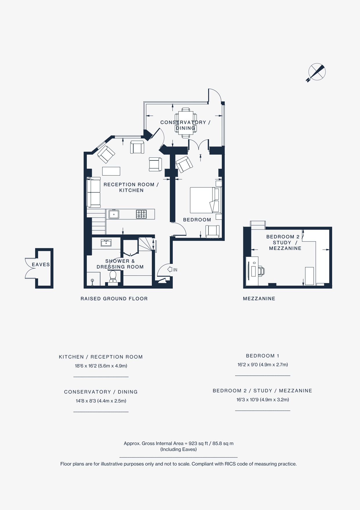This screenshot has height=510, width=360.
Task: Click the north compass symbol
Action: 316,72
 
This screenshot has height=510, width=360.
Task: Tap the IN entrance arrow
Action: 170,269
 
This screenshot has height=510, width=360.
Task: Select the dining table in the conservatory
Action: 186,122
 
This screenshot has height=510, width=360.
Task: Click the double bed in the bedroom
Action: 205,200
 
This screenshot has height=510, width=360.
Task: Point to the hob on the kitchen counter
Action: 141,214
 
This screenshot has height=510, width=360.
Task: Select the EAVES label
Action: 41,264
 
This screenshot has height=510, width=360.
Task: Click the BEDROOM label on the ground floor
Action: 197,220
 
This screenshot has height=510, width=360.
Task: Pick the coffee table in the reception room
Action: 111,171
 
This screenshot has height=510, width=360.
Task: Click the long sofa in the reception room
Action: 93,192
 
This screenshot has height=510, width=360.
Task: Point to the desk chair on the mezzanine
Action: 261,271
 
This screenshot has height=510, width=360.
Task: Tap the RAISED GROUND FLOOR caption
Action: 114,298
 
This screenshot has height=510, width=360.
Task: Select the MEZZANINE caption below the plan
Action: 259,298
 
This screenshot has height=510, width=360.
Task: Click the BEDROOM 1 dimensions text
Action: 262,364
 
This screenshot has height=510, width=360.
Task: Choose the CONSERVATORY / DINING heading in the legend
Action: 101,392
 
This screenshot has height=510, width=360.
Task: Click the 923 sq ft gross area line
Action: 179,443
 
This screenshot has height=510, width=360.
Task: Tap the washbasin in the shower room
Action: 106,242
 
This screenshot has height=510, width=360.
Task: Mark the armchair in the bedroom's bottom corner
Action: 213,231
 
